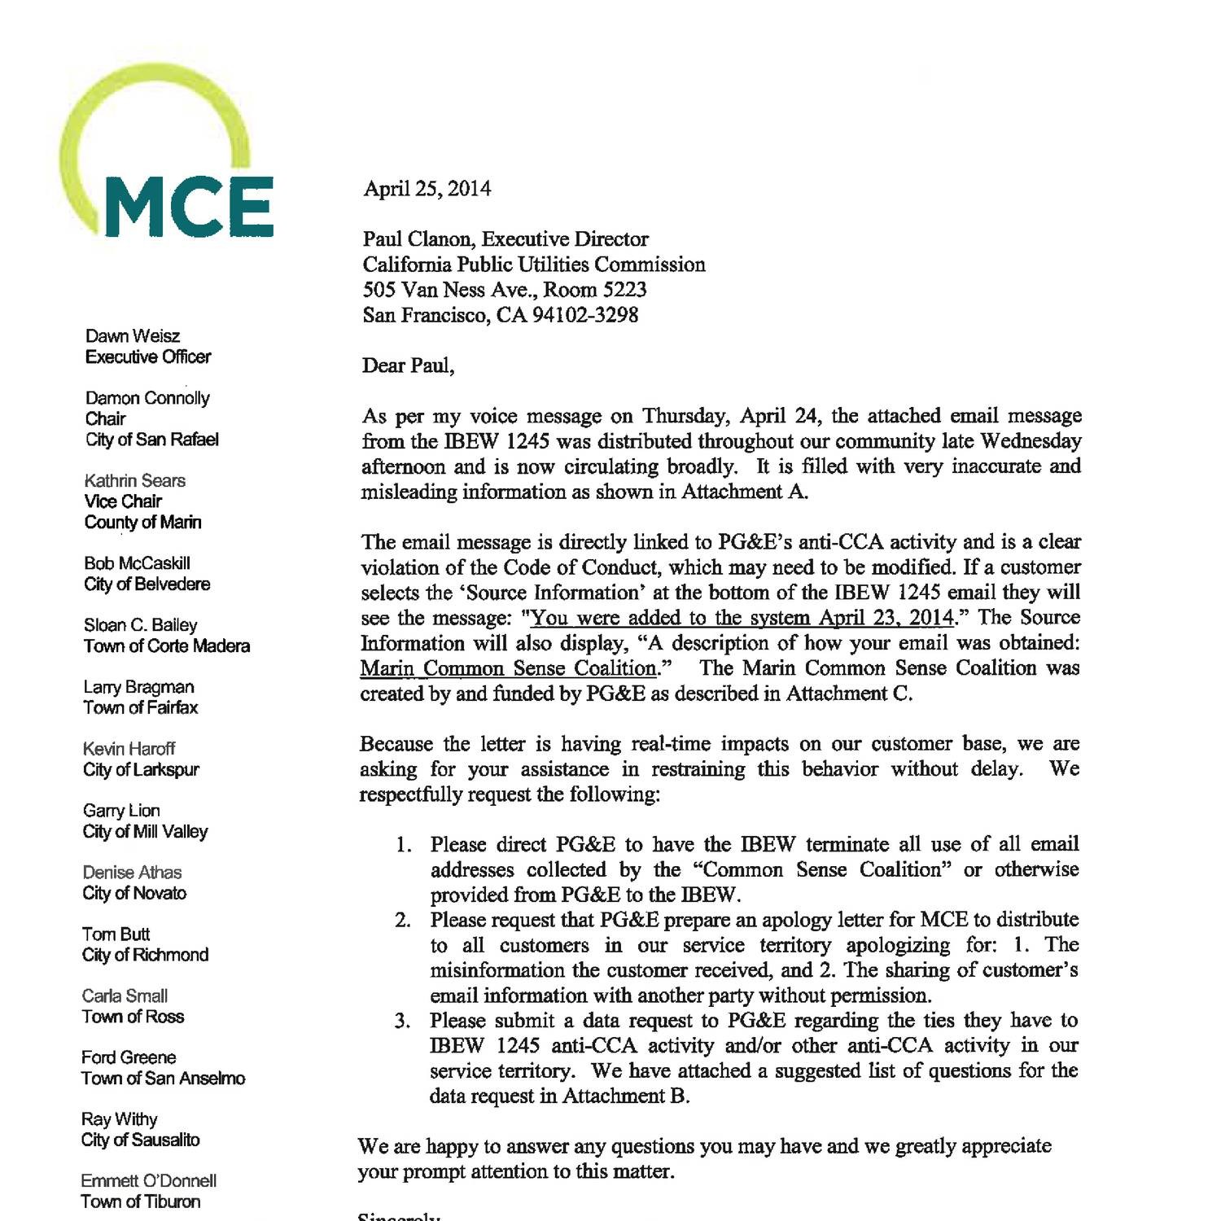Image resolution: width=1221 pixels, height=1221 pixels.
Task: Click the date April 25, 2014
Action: click(x=427, y=189)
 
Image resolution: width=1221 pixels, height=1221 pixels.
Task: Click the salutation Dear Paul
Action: click(x=408, y=365)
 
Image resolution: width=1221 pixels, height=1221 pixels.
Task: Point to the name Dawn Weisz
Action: click(x=133, y=336)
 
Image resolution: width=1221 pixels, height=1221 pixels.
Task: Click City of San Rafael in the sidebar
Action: click(x=152, y=440)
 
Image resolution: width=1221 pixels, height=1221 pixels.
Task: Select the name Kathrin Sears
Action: click(x=134, y=480)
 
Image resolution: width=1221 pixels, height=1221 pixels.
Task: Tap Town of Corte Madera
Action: click(x=167, y=646)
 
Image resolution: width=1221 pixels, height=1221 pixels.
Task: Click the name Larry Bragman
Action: click(x=138, y=687)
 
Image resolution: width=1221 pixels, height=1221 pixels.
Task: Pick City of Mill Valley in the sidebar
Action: click(x=145, y=831)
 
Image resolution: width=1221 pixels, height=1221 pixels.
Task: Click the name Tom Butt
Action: click(x=116, y=934)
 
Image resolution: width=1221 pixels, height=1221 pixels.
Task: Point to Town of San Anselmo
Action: click(x=163, y=1078)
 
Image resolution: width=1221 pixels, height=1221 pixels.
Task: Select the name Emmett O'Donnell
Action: click(x=148, y=1180)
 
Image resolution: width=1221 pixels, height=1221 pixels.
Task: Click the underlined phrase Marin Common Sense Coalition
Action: click(x=509, y=669)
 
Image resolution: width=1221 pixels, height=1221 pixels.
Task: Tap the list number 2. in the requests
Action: click(x=403, y=921)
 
